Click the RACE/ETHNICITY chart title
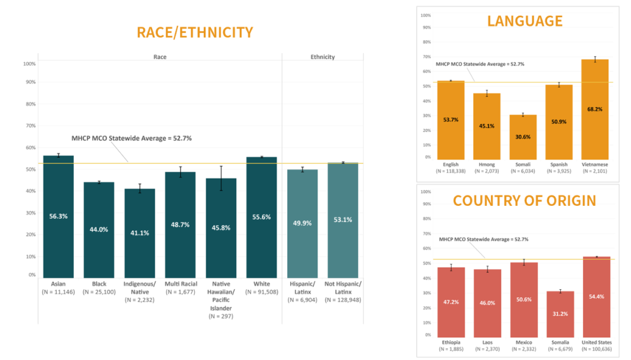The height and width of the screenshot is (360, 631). [x=194, y=32]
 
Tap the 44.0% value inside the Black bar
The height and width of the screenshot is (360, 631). [x=99, y=229]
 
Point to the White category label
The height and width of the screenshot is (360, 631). [x=261, y=284]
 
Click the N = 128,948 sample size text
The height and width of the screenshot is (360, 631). [x=343, y=300]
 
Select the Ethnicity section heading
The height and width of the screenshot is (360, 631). [x=322, y=57]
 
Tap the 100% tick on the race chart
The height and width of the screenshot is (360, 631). [x=30, y=63]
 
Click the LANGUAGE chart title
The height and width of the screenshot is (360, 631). [x=524, y=21]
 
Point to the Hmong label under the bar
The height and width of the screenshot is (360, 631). [x=487, y=165]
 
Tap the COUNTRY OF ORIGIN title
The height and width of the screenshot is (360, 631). [x=524, y=200]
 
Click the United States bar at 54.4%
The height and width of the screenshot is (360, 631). [x=596, y=297]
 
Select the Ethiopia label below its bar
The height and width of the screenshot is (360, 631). [x=452, y=342]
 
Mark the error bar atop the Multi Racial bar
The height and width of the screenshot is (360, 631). [x=181, y=171]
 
